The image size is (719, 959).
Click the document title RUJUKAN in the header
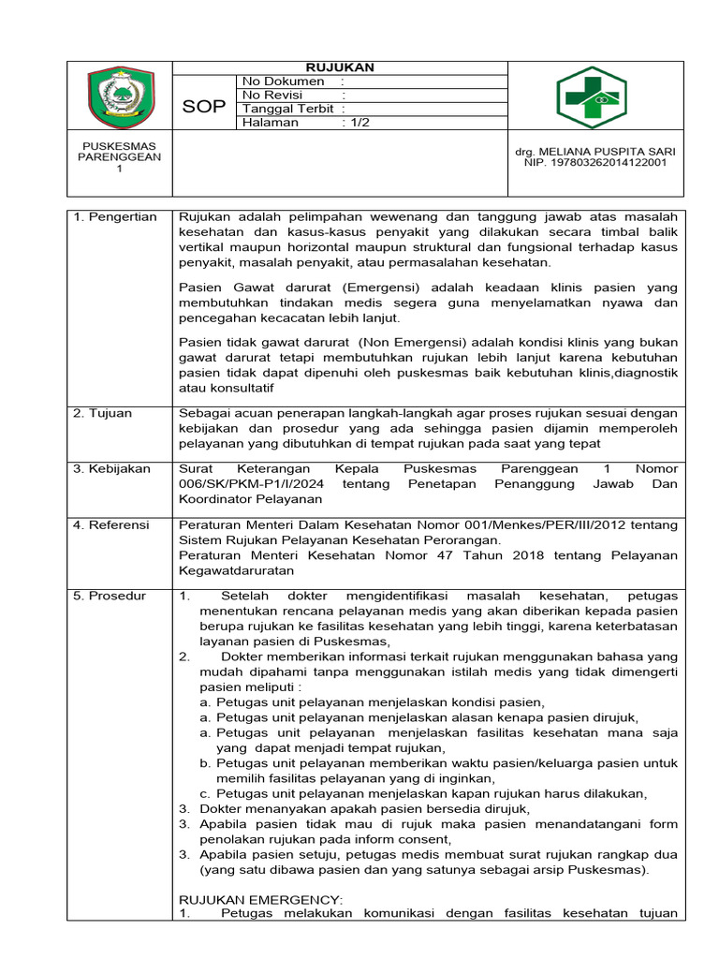tap(341, 67)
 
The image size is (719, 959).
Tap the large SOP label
tap(204, 107)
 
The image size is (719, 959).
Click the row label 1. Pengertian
tap(116, 217)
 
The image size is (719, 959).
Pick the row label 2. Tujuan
tap(104, 412)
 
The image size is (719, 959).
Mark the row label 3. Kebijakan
tap(112, 468)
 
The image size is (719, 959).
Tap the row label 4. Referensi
tap(111, 525)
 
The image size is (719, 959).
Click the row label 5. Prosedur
tap(110, 596)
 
